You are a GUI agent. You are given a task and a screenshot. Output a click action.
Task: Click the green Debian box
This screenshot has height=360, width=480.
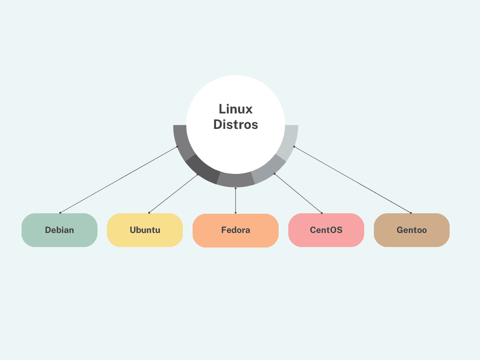tap(60, 230)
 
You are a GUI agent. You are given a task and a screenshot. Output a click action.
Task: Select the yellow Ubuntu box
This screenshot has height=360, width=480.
tap(145, 230)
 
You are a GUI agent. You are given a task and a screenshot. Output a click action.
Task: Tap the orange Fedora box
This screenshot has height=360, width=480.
tap(236, 230)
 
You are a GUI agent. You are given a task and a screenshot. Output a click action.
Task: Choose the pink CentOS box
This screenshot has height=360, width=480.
tap(326, 230)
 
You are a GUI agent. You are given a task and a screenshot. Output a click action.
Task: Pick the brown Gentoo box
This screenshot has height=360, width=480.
tap(412, 230)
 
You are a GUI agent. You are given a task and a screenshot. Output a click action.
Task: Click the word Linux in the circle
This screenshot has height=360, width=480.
tap(236, 109)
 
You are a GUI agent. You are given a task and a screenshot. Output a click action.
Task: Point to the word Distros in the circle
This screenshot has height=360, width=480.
tap(236, 125)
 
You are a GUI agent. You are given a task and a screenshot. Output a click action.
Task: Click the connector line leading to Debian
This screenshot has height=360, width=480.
tap(119, 180)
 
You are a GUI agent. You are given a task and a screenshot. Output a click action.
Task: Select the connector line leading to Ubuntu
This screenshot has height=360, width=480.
tap(173, 194)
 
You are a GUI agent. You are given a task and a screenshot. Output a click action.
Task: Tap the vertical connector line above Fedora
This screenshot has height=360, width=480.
tap(235, 201)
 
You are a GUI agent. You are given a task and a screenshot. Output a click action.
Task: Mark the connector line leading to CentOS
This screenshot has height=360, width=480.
tap(298, 193)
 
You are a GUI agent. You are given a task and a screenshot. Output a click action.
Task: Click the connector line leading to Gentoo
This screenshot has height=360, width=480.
tap(352, 180)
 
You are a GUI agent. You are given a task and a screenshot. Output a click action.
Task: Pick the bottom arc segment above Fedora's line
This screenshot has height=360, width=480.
tap(236, 180)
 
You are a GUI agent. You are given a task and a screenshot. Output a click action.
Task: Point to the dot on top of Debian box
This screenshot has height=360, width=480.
tap(60, 213)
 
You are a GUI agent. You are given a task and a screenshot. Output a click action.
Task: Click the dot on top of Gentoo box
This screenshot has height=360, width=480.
tap(411, 213)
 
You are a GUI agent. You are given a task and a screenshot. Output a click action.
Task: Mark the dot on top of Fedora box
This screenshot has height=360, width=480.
tap(235, 213)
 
